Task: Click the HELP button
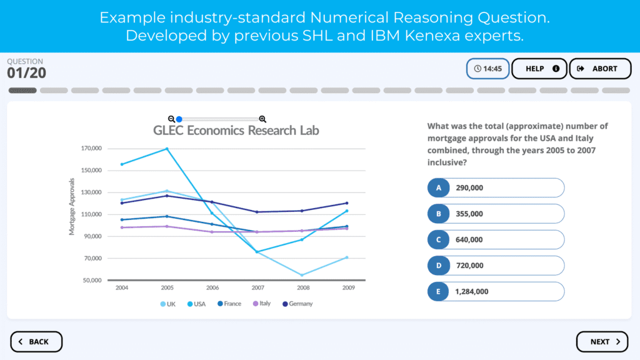(539, 69)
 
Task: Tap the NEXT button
(602, 342)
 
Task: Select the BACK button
(36, 342)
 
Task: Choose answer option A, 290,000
(496, 187)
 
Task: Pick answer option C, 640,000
(496, 239)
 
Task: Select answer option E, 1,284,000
(496, 291)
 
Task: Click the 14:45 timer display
(487, 69)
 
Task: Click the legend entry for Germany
(297, 304)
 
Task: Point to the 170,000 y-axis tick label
(91, 149)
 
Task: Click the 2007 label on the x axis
(258, 288)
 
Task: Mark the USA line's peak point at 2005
(167, 149)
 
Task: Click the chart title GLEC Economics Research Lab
(236, 131)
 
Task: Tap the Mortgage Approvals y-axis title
(72, 207)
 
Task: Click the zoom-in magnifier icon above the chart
(262, 119)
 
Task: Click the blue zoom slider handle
(179, 119)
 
